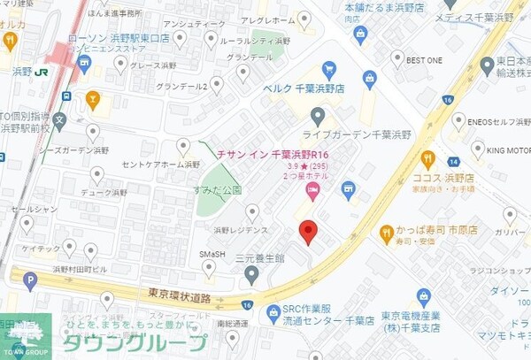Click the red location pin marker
click(x=307, y=232)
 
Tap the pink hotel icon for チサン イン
click(x=312, y=190)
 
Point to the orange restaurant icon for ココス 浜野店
click(x=428, y=160)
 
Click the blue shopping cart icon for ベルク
click(x=328, y=70)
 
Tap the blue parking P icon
click(x=31, y=281)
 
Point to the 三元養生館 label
click(x=259, y=258)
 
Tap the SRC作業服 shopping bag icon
click(x=271, y=309)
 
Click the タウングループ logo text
click(x=133, y=342)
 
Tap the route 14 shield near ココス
click(x=454, y=162)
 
